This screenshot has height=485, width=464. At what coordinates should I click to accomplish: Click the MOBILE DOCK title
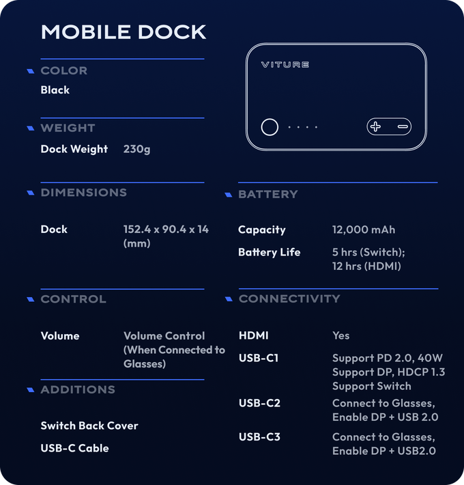tap(124, 32)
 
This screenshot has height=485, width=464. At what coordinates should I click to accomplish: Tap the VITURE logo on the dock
tap(285, 65)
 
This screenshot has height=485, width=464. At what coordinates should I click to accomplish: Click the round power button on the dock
tap(270, 127)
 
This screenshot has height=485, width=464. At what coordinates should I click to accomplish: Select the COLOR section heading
tap(63, 70)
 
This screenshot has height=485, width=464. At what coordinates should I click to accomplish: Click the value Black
tap(55, 90)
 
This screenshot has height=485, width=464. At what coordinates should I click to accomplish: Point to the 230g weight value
tap(137, 149)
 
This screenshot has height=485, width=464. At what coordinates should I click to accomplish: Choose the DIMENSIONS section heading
tap(83, 193)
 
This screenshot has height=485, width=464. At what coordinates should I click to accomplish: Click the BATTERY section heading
tap(267, 195)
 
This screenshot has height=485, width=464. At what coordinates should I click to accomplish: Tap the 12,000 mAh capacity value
tap(364, 230)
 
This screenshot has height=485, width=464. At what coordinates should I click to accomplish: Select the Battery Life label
tap(269, 253)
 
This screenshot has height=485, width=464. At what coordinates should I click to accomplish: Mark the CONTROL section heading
tap(73, 299)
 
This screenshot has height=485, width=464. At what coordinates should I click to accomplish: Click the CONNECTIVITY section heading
tap(289, 299)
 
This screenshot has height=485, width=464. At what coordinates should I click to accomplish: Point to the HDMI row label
tap(253, 335)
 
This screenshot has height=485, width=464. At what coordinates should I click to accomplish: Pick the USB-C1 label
tap(259, 358)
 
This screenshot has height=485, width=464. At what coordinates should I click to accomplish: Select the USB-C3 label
tap(259, 437)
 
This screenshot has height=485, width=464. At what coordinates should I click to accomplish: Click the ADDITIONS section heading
tap(78, 389)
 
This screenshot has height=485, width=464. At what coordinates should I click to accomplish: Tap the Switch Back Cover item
tap(89, 426)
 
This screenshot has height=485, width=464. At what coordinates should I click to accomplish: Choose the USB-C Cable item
tap(74, 448)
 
